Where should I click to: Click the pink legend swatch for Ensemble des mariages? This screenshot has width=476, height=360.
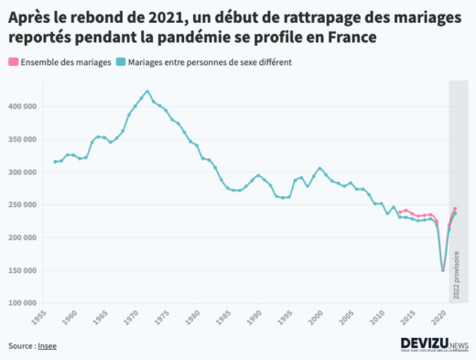click(x=12, y=62)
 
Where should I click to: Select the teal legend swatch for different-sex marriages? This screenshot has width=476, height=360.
click(x=122, y=62)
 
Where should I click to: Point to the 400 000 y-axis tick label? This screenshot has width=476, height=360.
click(x=21, y=106)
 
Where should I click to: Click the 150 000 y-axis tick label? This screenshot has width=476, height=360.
click(x=21, y=269)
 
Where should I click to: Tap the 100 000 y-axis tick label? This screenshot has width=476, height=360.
click(x=21, y=302)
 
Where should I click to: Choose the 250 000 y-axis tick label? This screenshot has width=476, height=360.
click(x=21, y=204)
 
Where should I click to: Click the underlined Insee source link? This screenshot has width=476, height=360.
click(x=47, y=346)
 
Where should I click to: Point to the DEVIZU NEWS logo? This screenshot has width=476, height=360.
click(x=435, y=344)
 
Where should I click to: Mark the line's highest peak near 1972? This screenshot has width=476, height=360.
click(x=148, y=91)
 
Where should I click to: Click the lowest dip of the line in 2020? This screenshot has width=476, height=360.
click(x=443, y=270)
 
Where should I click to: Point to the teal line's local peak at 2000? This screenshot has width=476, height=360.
click(x=319, y=169)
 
